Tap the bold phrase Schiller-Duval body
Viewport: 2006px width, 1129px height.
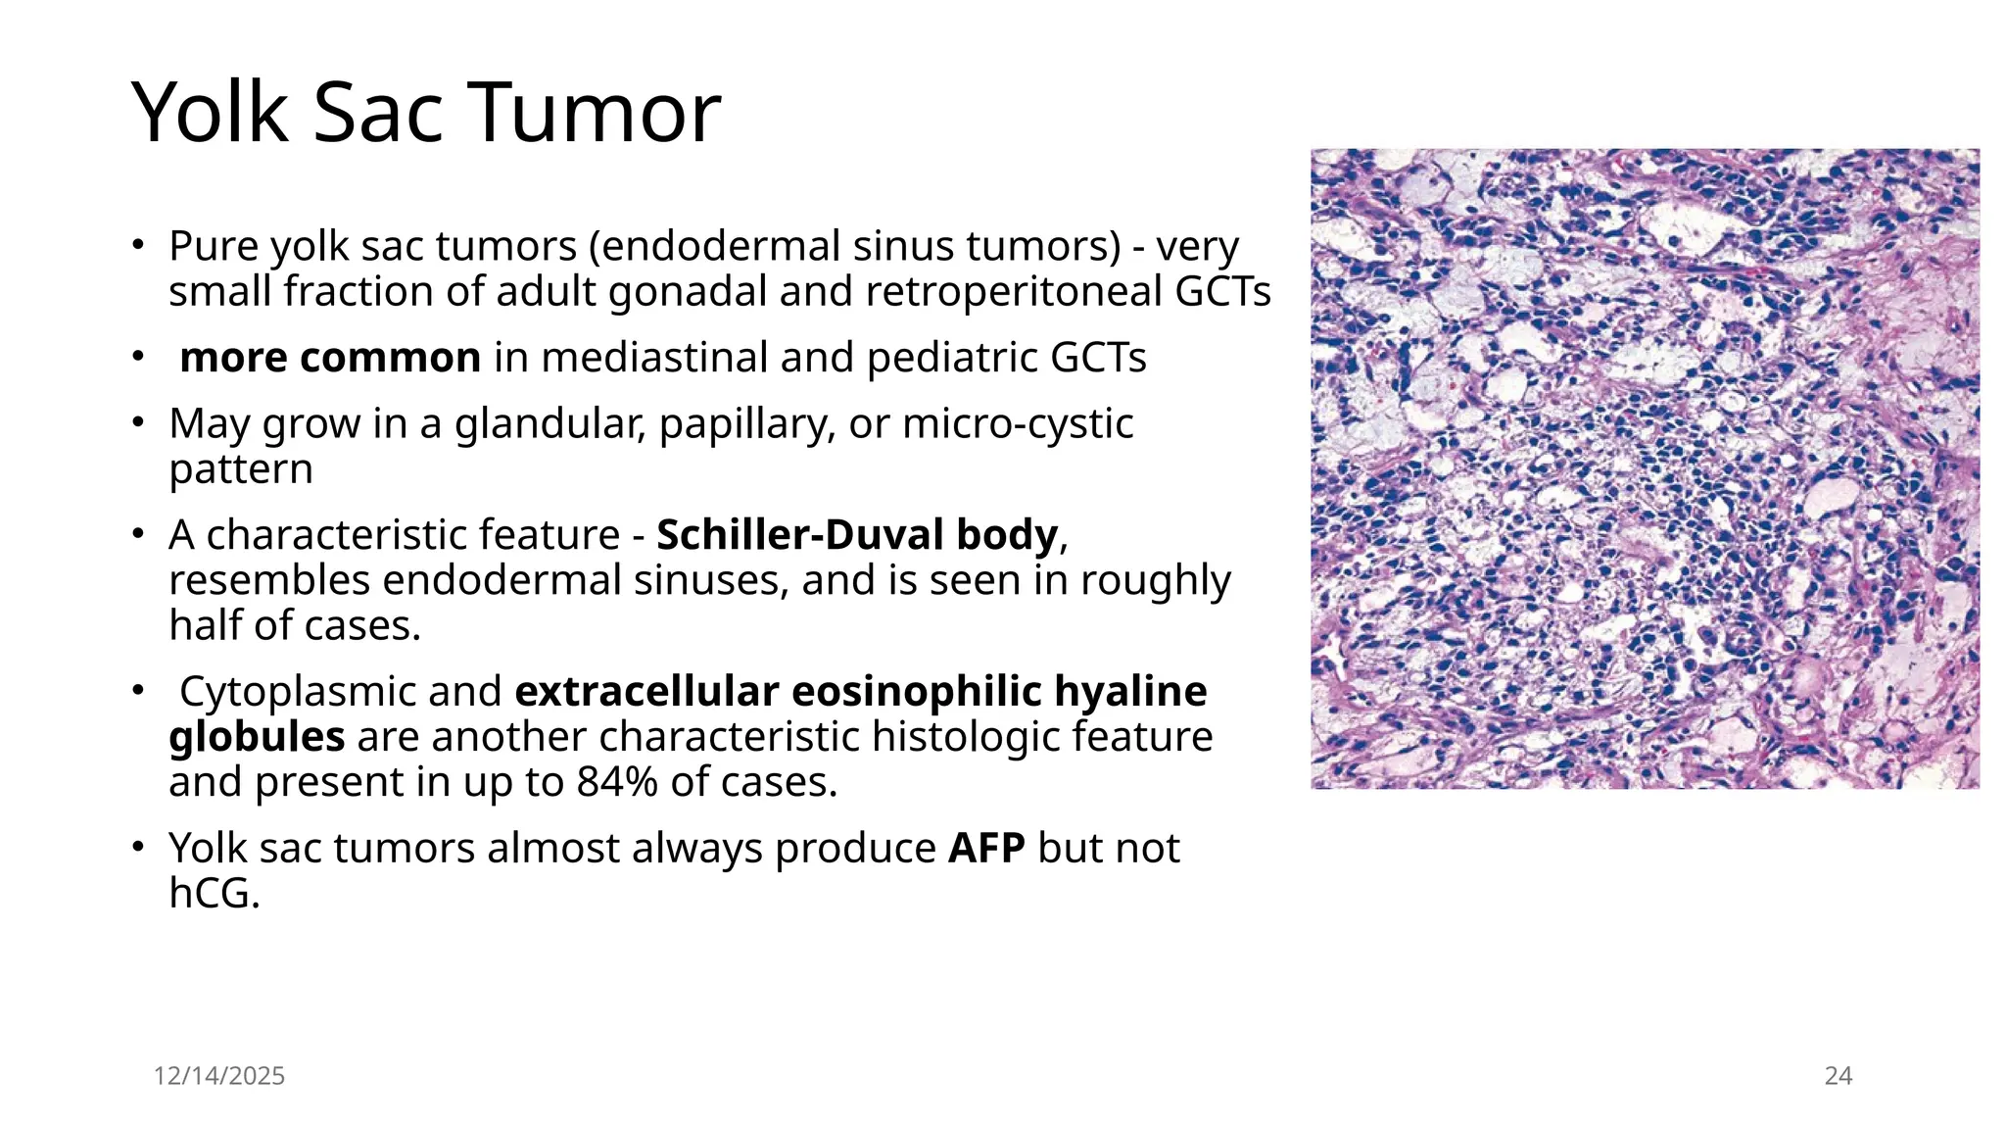point(857,535)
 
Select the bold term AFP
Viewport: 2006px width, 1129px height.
point(986,848)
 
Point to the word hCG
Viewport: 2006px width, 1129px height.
point(213,893)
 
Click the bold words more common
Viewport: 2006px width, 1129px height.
point(330,358)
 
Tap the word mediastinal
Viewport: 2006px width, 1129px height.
point(651,358)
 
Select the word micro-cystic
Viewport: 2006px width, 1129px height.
point(1018,423)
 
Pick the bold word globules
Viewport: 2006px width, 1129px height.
point(257,737)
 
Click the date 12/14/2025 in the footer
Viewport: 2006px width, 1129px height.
point(219,1076)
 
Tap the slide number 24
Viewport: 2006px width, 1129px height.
point(1838,1076)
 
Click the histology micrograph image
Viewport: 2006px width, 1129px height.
point(1645,468)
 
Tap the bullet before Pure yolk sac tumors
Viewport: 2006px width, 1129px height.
point(140,244)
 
